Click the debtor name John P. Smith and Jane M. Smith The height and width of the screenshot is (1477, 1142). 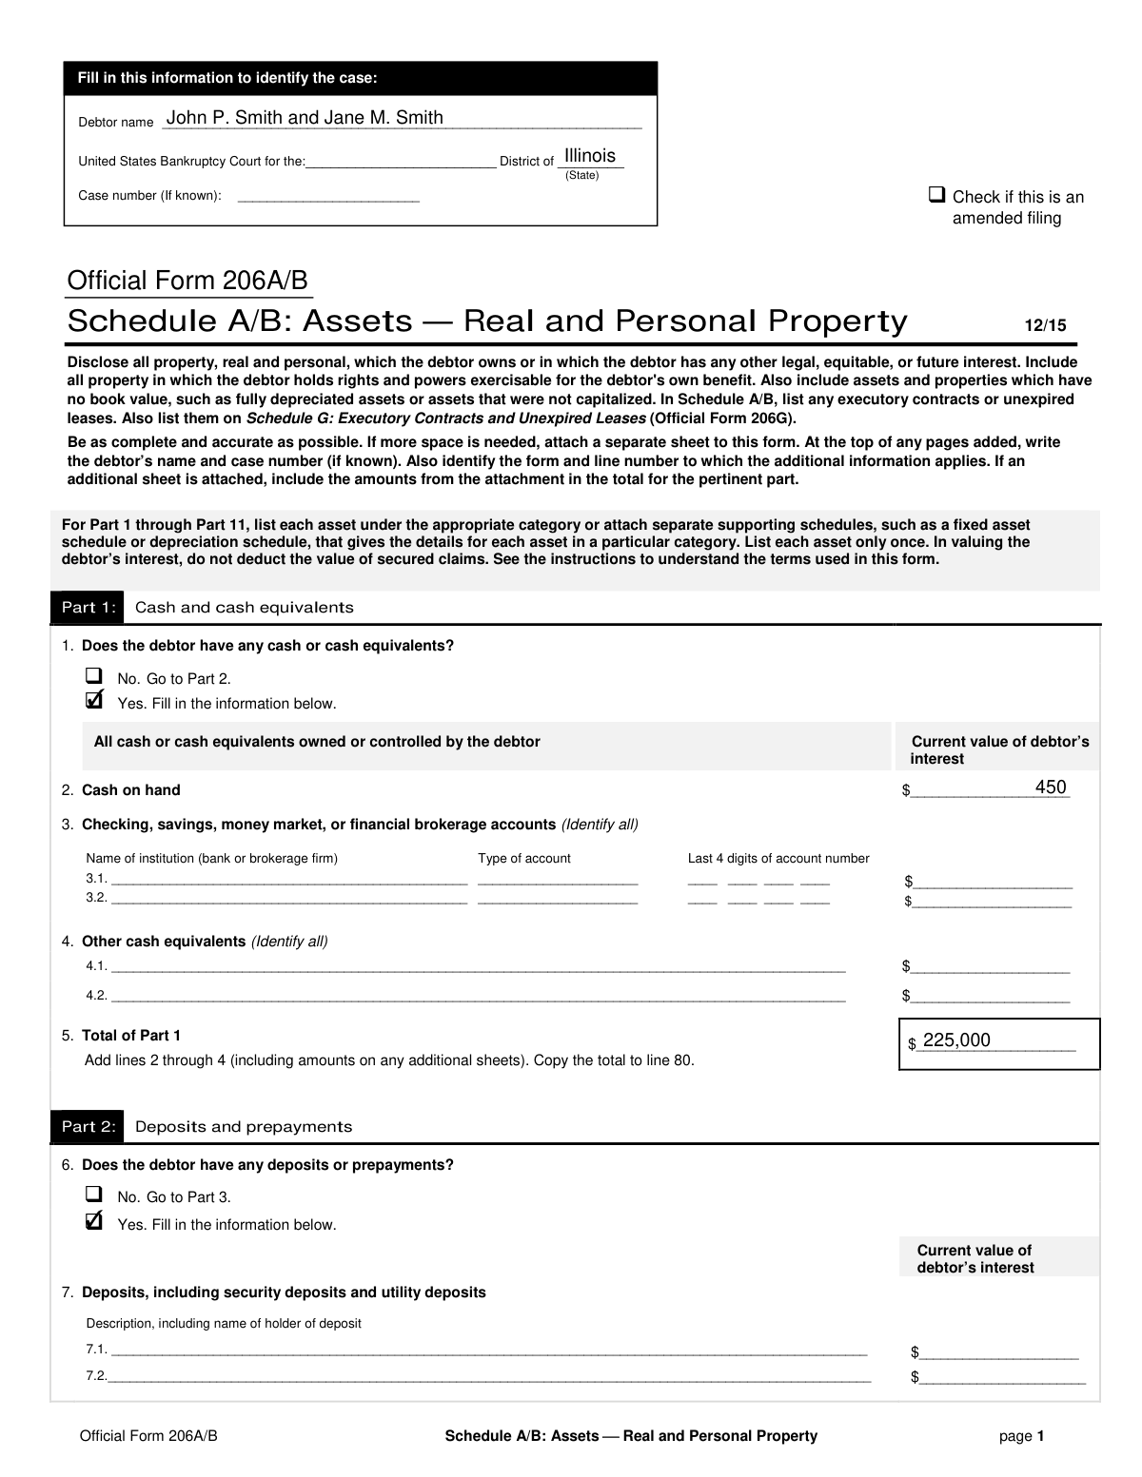pos(305,118)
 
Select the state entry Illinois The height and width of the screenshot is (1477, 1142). pos(590,156)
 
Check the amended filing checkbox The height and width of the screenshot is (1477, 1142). pos(936,195)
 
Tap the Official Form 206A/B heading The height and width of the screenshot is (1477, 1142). pos(187,282)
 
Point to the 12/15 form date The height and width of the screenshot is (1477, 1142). pos(1045,325)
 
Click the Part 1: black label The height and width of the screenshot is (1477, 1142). pos(88,608)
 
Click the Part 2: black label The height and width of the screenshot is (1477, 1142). pos(88,1127)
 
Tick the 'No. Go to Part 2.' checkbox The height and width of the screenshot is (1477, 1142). pos(93,676)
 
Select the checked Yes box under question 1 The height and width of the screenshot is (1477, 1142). pos(93,701)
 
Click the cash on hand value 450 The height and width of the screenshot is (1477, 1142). pos(1051,787)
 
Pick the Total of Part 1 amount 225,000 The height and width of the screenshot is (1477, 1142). pos(956,1040)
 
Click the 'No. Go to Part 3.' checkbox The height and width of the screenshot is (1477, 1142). pos(93,1195)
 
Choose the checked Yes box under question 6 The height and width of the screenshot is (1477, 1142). pos(93,1221)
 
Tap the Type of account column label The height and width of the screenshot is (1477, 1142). pos(524,859)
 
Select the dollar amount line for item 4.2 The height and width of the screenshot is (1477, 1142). pos(990,996)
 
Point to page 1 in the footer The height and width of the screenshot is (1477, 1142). pos(1022,1436)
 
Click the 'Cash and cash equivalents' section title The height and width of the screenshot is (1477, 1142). pos(245,608)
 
